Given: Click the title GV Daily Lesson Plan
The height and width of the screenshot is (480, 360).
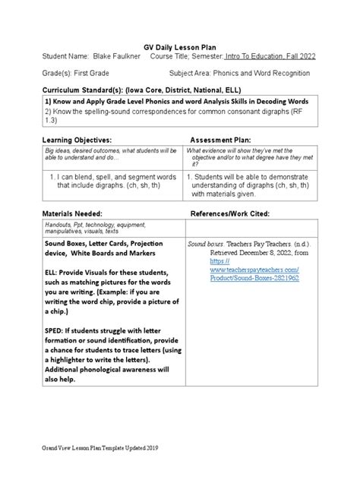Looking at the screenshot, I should pyautogui.click(x=180, y=45).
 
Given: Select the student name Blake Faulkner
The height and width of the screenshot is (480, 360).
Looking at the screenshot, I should pyautogui.click(x=119, y=56).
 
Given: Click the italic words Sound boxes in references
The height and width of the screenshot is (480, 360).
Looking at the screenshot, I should pyautogui.click(x=205, y=244).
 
